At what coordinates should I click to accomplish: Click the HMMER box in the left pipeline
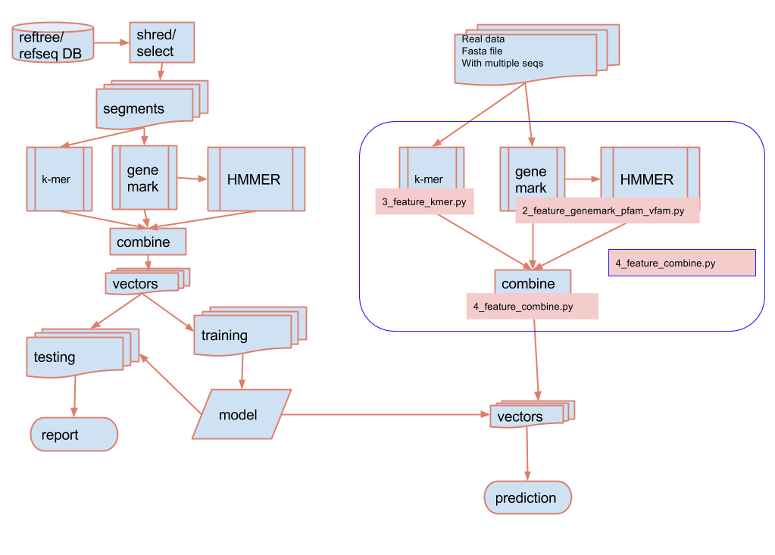click(x=256, y=179)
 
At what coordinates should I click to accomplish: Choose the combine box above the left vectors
click(x=147, y=242)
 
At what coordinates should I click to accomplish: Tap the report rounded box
click(x=73, y=435)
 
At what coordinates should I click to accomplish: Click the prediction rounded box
click(x=527, y=498)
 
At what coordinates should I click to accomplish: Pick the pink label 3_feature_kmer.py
click(x=423, y=201)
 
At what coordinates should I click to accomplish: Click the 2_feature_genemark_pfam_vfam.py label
click(x=607, y=211)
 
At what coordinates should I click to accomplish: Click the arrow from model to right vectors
click(x=386, y=414)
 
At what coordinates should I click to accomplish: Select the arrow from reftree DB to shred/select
click(x=108, y=42)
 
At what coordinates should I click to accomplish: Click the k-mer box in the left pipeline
click(x=59, y=179)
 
